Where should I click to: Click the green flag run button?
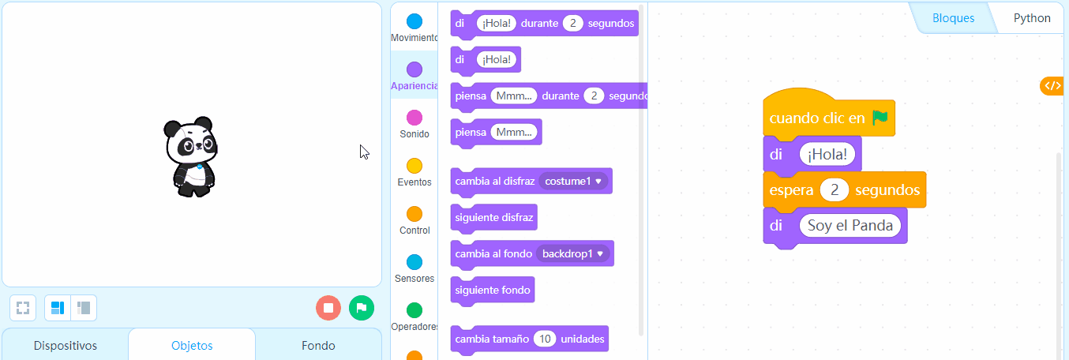(362, 308)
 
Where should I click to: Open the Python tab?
(1032, 18)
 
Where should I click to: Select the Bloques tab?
(953, 18)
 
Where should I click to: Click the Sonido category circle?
(414, 118)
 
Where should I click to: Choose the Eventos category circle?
(414, 166)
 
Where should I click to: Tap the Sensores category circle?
(414, 262)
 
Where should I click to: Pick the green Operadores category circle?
(414, 310)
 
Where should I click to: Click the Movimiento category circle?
(414, 21)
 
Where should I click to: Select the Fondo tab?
(318, 345)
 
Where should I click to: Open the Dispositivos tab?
(66, 345)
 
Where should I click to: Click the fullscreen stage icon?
(23, 308)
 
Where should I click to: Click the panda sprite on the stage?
(191, 156)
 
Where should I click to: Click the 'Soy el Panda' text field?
(850, 225)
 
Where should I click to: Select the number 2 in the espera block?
(835, 190)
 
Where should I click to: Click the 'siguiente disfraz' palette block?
(494, 218)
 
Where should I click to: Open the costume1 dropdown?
(573, 182)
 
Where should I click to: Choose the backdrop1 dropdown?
(572, 254)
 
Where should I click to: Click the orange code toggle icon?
(1053, 86)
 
